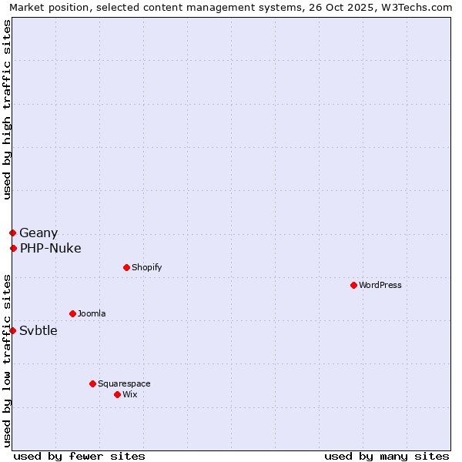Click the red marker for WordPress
coord(353,285)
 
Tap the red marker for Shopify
coord(126,267)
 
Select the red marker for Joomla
coord(72,313)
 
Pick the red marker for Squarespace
coord(92,383)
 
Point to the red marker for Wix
coord(117,394)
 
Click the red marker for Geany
coord(12,233)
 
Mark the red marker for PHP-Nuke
coord(13,248)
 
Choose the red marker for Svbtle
coord(12,330)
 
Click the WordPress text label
coord(380,285)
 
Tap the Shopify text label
coord(147,267)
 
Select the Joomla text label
coord(92,313)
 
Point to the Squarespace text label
coord(124,383)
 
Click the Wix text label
coord(130,394)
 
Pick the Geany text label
coord(38,233)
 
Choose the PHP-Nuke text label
coord(51,248)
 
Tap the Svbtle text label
coord(38,330)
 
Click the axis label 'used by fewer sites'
coord(79,456)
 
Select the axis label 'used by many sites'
coord(387,456)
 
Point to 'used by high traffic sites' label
coord(7,109)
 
